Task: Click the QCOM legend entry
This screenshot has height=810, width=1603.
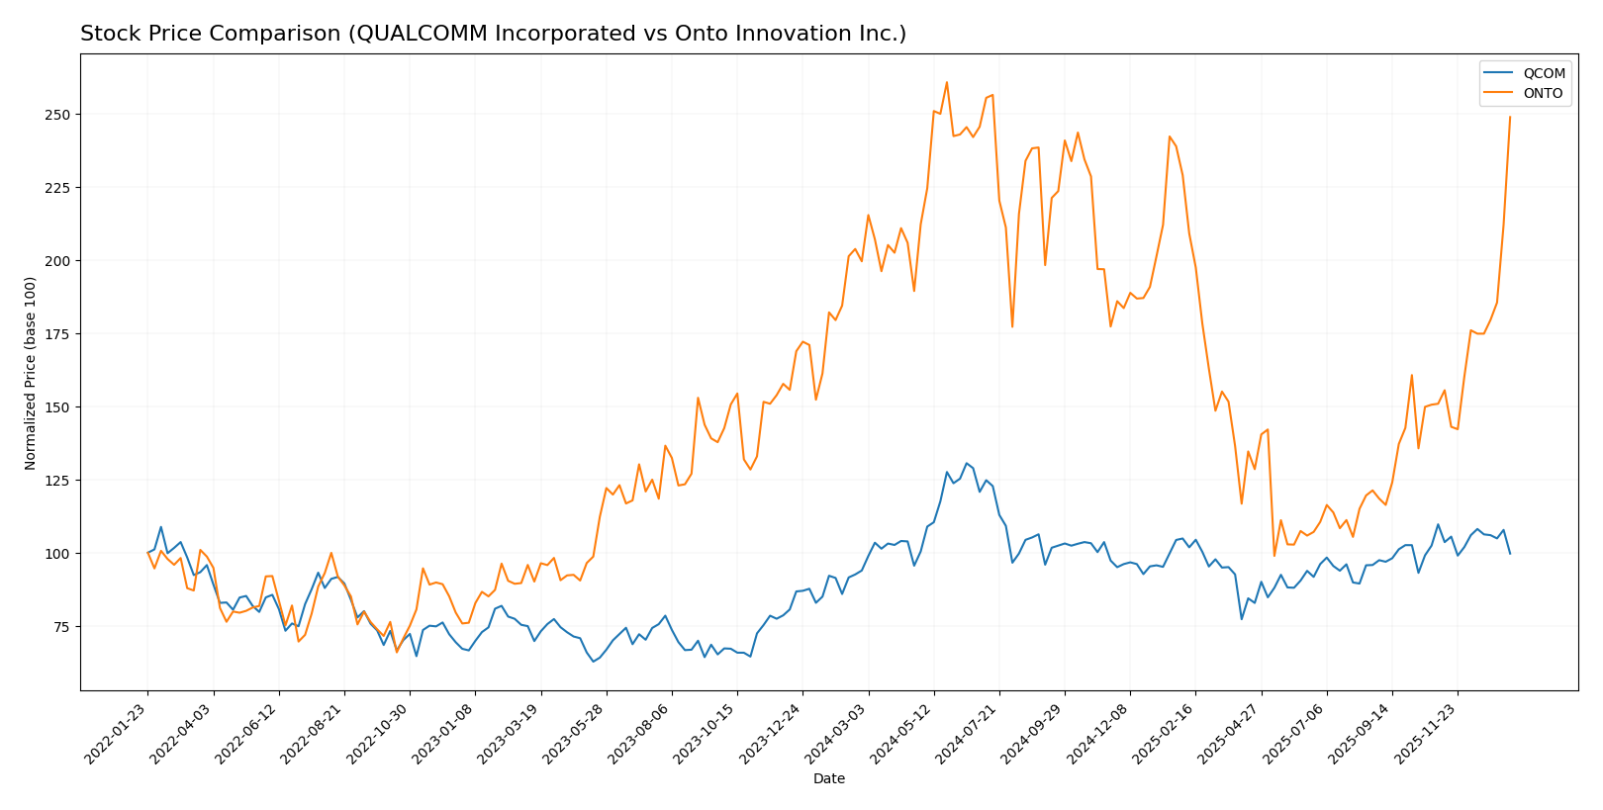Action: click(1543, 73)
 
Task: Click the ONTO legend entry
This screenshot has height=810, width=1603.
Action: click(1543, 94)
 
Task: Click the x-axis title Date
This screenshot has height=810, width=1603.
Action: click(829, 779)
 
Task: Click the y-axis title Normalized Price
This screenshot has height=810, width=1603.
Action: click(31, 373)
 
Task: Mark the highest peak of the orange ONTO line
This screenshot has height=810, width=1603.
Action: click(947, 82)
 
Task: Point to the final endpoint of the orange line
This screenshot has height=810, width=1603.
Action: click(1510, 117)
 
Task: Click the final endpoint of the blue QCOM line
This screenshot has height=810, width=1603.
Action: click(1510, 553)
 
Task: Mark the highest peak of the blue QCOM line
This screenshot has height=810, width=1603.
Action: click(967, 463)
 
